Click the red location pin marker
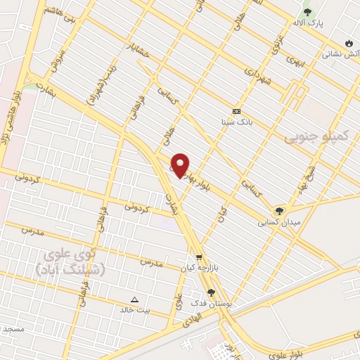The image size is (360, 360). [x=181, y=165]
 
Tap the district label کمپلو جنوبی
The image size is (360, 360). [x=316, y=136]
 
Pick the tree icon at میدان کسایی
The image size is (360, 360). [x=280, y=210]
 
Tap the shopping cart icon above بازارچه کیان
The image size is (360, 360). [x=200, y=258]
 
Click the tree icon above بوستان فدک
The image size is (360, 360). [x=210, y=292]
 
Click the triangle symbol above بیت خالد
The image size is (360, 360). [x=135, y=299]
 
